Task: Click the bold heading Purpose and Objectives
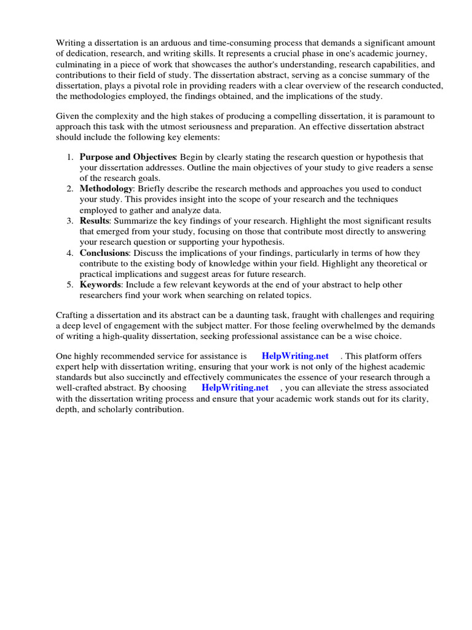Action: point(128,157)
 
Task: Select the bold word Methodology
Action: point(106,189)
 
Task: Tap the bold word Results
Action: point(95,221)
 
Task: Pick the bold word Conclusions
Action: point(104,253)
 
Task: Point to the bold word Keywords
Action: point(100,285)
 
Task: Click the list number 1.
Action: point(70,157)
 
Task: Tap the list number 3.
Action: point(70,221)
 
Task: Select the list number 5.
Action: point(70,285)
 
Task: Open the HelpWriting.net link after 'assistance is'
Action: point(295,356)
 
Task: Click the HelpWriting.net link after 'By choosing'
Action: point(235,388)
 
